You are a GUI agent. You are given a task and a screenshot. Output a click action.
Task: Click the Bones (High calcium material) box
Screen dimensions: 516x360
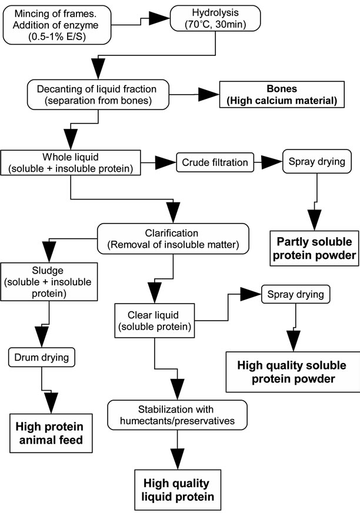pos(278,94)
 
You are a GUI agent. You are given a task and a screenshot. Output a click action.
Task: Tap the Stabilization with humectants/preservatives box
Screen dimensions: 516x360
pos(172,415)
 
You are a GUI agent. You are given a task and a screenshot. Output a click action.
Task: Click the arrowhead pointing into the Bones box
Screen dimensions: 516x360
pos(208,94)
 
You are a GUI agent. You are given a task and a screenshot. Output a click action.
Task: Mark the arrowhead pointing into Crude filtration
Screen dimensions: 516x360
pos(166,162)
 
